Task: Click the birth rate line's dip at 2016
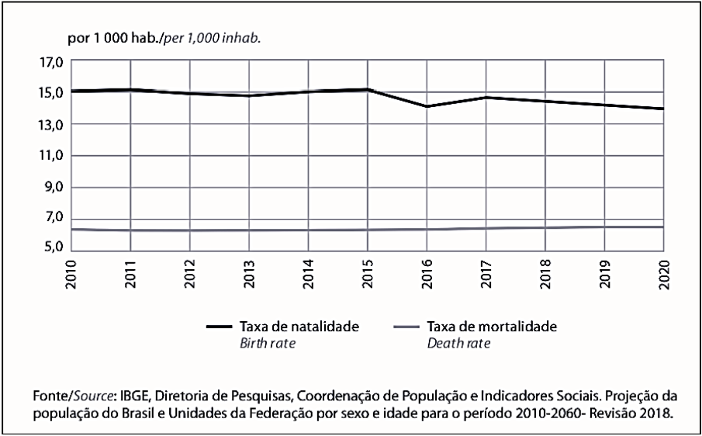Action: [x=427, y=106]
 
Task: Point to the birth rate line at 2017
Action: [x=486, y=97]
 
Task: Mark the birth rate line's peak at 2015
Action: [x=368, y=89]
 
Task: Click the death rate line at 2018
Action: [x=545, y=227]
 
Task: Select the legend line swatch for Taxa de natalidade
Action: [x=220, y=327]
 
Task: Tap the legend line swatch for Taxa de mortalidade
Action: [x=407, y=327]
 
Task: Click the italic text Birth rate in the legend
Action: [x=268, y=344]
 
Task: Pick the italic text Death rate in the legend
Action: [x=458, y=344]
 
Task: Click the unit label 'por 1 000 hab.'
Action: [x=115, y=39]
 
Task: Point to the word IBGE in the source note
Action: [x=132, y=397]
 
